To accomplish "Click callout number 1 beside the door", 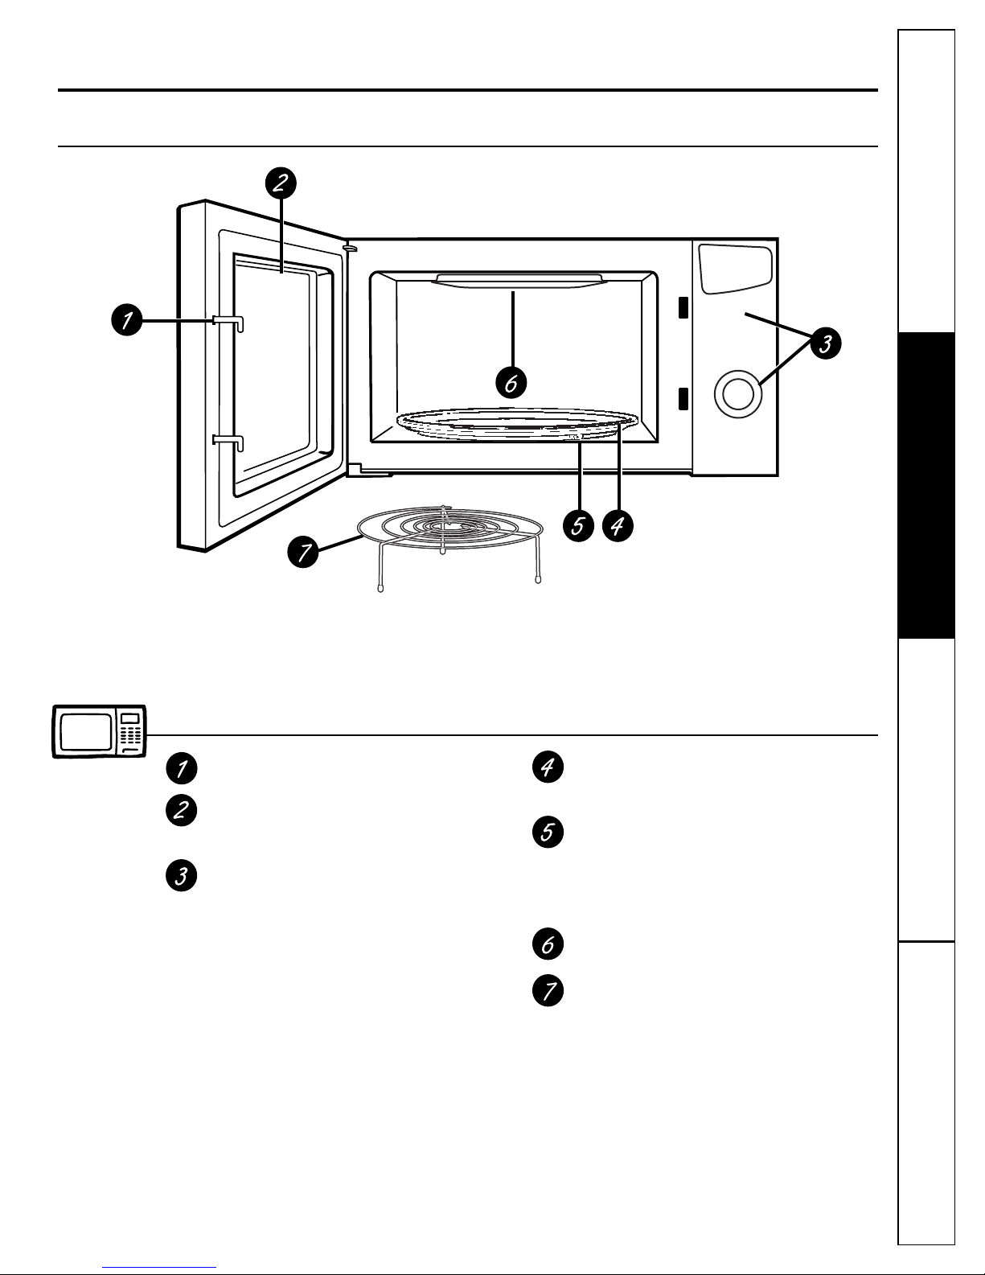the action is coord(127,320).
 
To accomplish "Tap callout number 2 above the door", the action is coord(281,183).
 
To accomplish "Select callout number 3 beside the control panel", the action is coord(826,343).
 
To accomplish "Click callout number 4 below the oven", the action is coord(618,525).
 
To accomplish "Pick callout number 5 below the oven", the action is coord(578,525).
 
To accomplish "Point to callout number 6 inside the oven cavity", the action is coord(511,383).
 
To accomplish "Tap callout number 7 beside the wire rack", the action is coord(303,552).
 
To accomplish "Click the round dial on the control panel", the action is coord(738,393).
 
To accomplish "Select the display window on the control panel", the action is coord(736,269).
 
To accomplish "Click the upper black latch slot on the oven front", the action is coord(683,307).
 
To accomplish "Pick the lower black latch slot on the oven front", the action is coord(683,398).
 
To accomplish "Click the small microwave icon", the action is coord(99,731).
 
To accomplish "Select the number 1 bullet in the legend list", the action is coord(182,768).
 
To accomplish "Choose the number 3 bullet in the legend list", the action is coord(182,875).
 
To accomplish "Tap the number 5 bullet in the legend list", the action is coord(548,832).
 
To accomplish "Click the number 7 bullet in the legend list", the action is coord(548,991).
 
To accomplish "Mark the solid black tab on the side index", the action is coord(926,485).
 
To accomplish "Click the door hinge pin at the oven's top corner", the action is coord(350,249).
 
